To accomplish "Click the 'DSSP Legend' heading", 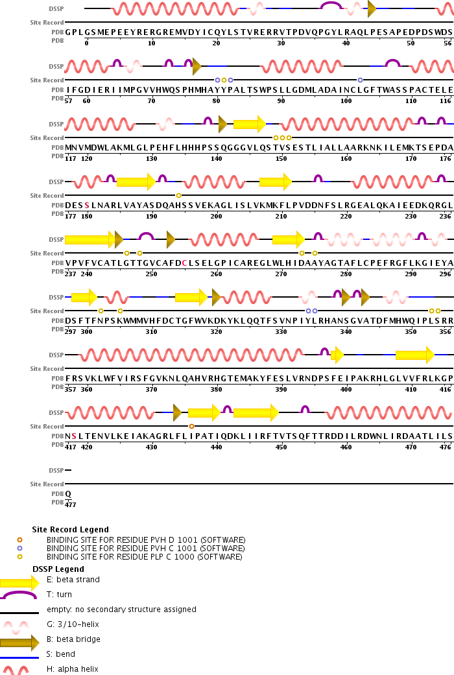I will tap(58, 569).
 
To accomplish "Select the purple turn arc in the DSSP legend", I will tap(19, 595).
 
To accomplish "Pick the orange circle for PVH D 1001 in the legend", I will tap(19, 540).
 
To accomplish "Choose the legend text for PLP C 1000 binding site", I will tap(144, 557).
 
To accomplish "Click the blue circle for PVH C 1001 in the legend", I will tap(19, 549).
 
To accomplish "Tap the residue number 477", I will tap(70, 504).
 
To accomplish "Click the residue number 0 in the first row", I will tap(86, 43).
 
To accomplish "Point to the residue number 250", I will tap(151, 274).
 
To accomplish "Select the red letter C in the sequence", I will tap(185, 263).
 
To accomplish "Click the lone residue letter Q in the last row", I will tap(68, 493).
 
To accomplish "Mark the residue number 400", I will tap(346, 389).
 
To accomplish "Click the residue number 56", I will tap(448, 43).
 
